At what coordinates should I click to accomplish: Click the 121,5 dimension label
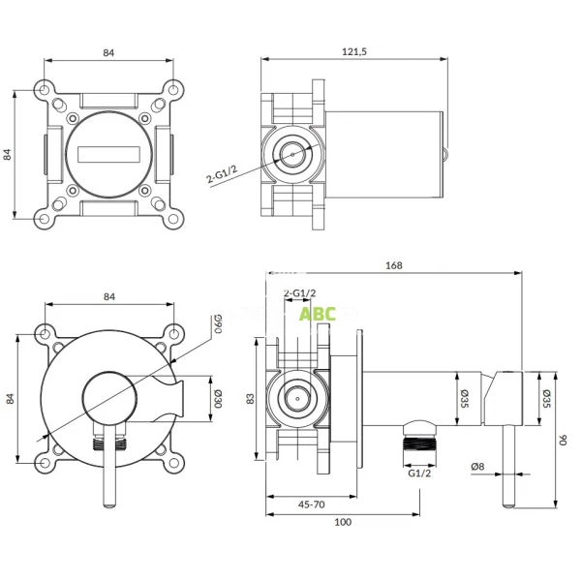point(354,51)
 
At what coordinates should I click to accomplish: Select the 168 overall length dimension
point(393,265)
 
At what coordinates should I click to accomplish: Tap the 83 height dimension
point(250,398)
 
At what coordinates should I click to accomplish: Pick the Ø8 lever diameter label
point(476,468)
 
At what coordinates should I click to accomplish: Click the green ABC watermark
point(317,314)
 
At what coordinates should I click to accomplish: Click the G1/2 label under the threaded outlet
point(418,474)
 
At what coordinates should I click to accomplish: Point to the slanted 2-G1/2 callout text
point(222,173)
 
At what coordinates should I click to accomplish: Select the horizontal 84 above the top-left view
point(108,53)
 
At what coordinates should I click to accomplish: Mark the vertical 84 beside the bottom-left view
point(12,397)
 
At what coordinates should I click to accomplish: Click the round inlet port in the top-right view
point(292,152)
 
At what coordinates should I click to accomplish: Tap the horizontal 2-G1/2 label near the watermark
point(298,293)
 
